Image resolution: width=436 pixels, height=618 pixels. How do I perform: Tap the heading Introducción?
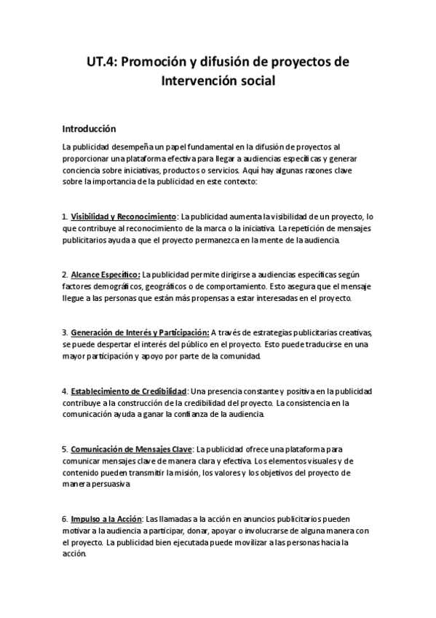[x=89, y=128]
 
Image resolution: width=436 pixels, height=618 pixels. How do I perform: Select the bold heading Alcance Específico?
[x=106, y=275]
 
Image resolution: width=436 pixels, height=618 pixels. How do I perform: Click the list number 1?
[x=65, y=216]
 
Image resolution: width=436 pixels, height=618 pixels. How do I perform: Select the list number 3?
[x=65, y=333]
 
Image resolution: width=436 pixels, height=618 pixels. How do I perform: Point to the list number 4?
[x=65, y=391]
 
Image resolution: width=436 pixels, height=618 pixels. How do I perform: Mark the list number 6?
[x=65, y=519]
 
